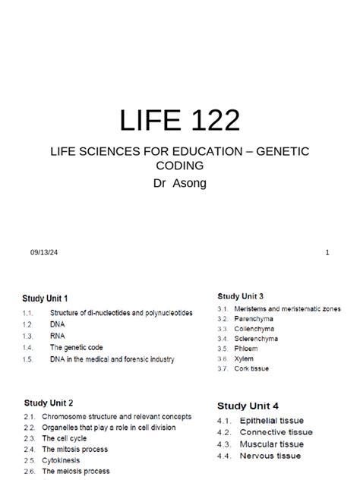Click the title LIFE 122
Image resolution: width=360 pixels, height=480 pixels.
[x=180, y=121]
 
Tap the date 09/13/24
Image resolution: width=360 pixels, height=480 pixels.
[x=43, y=252]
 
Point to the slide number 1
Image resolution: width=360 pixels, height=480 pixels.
[x=327, y=252]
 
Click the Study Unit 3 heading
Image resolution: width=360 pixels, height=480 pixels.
[x=241, y=295]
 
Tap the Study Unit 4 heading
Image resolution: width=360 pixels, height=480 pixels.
[x=248, y=406]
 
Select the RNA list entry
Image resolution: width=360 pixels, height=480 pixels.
[x=58, y=335]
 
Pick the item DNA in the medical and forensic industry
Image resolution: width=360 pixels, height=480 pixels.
[x=112, y=359]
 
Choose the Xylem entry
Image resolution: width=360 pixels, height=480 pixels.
[x=245, y=358]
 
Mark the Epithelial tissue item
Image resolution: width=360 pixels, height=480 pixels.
[x=271, y=420]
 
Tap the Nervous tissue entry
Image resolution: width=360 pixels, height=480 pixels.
[x=270, y=456]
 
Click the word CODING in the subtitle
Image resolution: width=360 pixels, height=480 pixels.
[x=180, y=165]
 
